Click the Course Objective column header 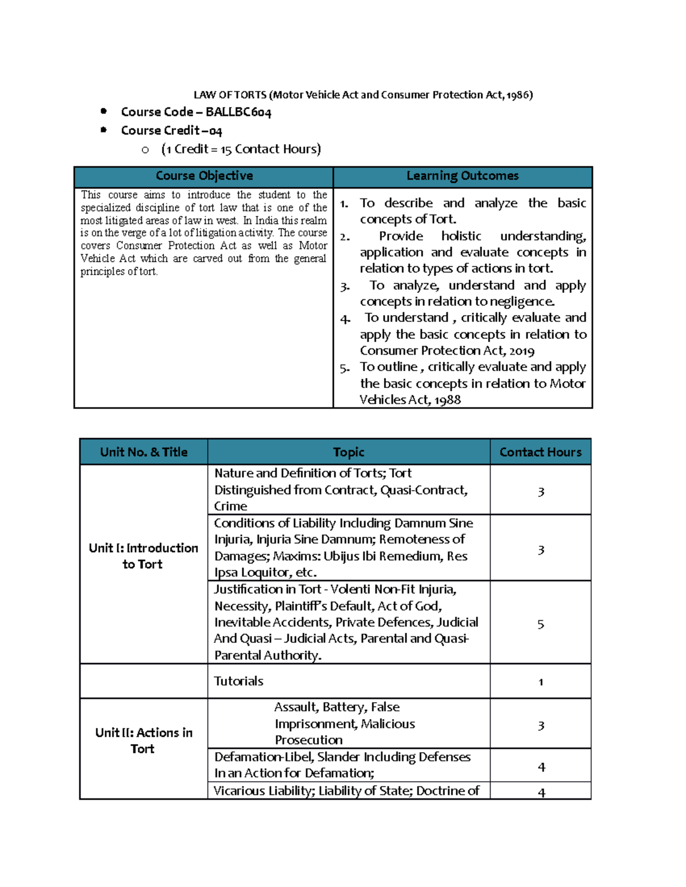click(x=204, y=176)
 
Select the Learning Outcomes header click(x=462, y=176)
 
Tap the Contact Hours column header click(x=540, y=452)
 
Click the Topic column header click(x=349, y=452)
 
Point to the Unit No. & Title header click(x=143, y=452)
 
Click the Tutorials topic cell click(x=238, y=681)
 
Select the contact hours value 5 click(x=540, y=624)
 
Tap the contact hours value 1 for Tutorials click(x=540, y=682)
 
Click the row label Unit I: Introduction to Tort click(x=143, y=556)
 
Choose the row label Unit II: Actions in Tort click(x=143, y=740)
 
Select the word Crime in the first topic click(x=230, y=507)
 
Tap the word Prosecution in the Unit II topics click(x=309, y=740)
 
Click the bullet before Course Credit click(x=103, y=130)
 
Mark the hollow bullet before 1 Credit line click(x=145, y=150)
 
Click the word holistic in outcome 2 click(x=461, y=236)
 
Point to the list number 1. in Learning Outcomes click(x=344, y=204)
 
